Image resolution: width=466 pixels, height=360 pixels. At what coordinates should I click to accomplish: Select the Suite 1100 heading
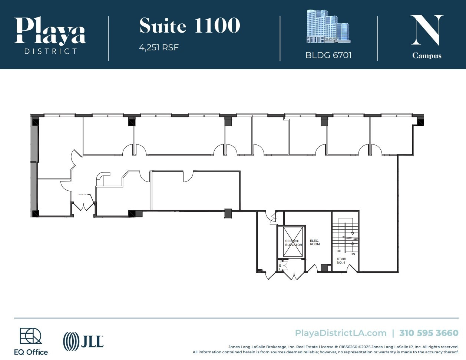tap(189, 26)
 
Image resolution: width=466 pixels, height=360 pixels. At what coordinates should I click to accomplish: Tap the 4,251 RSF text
tap(159, 47)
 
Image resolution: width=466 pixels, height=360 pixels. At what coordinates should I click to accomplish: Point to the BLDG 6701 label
tap(328, 55)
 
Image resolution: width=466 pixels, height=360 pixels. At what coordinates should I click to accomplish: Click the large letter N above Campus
tap(427, 30)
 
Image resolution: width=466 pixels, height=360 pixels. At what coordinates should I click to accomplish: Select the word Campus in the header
tap(427, 56)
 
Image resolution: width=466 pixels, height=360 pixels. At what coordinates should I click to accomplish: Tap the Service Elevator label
tap(293, 243)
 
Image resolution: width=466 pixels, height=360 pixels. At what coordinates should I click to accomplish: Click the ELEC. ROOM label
tap(315, 243)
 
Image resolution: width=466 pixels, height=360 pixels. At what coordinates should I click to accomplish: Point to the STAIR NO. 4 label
tap(341, 261)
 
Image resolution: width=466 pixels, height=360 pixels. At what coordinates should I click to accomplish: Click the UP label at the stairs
tap(339, 251)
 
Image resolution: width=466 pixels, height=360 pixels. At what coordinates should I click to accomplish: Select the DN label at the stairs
tap(353, 254)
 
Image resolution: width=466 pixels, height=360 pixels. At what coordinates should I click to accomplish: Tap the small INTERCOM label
tap(82, 194)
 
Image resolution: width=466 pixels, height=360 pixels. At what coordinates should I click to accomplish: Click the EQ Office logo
tap(31, 341)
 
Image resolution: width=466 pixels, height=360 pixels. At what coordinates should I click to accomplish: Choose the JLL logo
tap(83, 341)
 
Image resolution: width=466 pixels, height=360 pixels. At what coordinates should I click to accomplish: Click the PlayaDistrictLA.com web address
tap(340, 333)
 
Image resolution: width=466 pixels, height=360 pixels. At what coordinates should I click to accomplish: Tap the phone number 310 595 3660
tap(429, 333)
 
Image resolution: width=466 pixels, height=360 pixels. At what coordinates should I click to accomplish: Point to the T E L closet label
tap(280, 266)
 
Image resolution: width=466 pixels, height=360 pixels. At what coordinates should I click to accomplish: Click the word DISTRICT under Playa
tap(50, 51)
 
